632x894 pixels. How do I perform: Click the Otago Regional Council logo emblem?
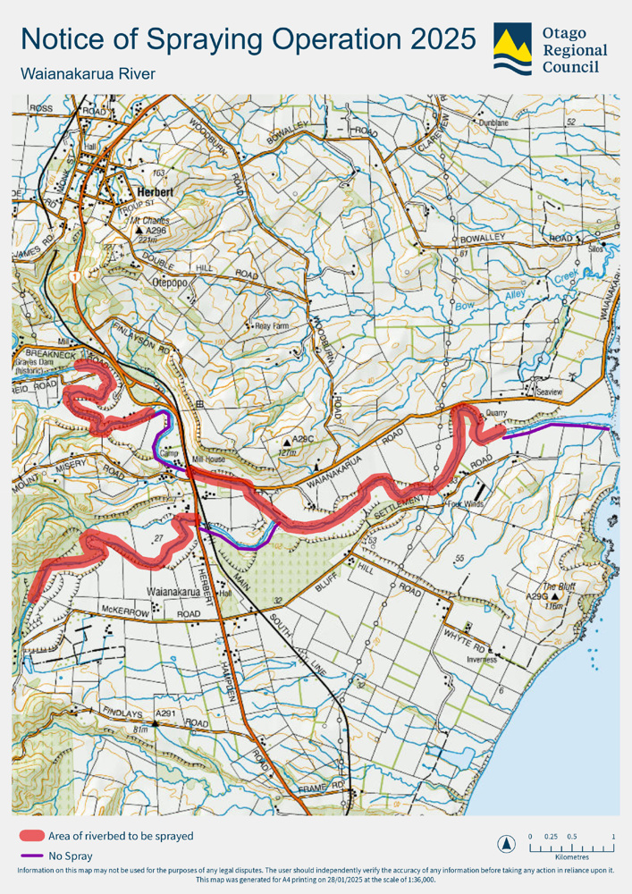[511, 48]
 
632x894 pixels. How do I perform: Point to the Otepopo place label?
[164, 279]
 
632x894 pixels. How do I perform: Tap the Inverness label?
[480, 662]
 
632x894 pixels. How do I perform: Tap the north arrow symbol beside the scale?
[508, 842]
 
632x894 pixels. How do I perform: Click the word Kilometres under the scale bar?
[572, 856]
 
